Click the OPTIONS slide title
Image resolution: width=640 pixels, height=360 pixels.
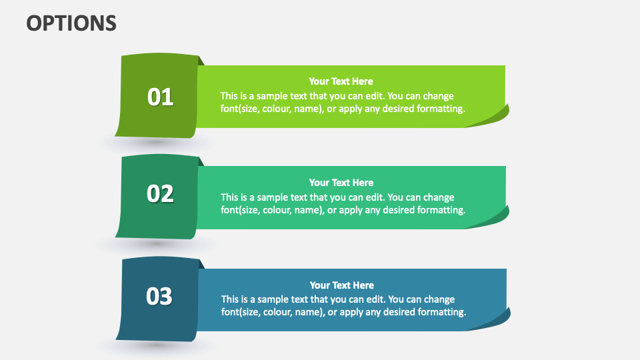71,23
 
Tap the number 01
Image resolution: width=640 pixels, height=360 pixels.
160,97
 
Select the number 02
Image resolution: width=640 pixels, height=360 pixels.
160,194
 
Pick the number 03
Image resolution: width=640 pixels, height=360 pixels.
159,296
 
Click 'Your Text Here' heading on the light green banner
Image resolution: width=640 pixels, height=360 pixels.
341,81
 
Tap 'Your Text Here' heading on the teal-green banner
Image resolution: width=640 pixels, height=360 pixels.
341,183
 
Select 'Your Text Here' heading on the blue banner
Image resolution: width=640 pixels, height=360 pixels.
341,285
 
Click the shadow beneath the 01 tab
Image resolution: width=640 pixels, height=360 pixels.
156,143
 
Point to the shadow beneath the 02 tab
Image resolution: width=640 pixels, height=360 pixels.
156,244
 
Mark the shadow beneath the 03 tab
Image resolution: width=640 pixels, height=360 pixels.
156,346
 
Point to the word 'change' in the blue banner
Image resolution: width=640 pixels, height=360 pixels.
439,299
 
